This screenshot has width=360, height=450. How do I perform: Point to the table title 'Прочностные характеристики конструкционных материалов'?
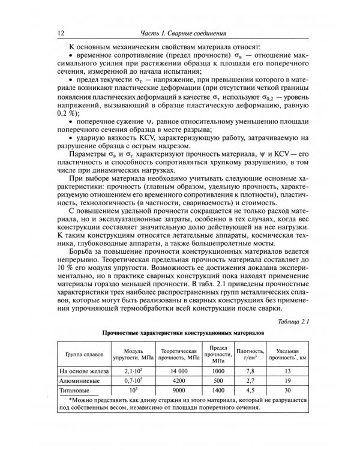(179, 334)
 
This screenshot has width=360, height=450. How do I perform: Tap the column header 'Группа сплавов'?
(83, 355)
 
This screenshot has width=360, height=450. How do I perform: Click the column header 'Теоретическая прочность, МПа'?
(176, 355)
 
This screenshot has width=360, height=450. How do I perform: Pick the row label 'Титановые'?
(74, 390)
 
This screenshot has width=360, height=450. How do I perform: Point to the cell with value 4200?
(176, 380)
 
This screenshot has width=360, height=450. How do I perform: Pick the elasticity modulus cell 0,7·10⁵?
(133, 380)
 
